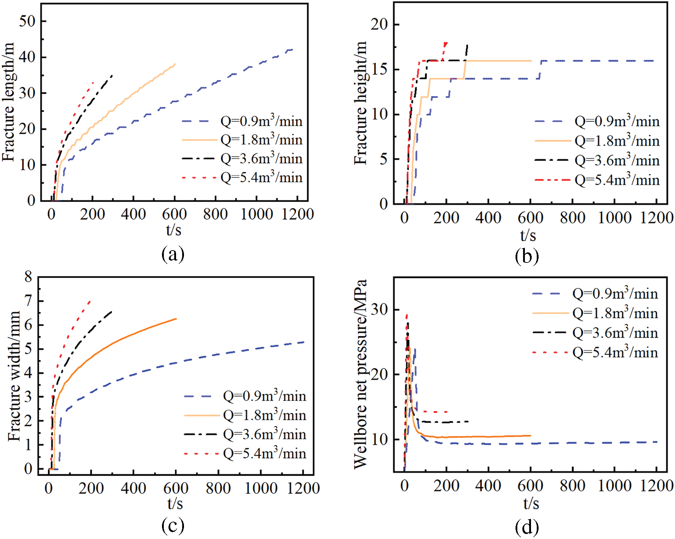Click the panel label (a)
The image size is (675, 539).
[x=173, y=255]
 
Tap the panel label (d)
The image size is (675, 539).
[x=527, y=527]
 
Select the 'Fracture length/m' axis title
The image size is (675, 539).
[x=9, y=102]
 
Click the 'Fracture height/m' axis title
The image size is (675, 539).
[x=360, y=103]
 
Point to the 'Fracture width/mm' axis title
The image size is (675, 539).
[x=14, y=376]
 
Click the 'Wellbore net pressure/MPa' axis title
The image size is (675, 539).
[x=360, y=374]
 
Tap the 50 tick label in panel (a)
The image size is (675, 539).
[x=27, y=22]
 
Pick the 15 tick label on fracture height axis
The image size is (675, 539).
[x=379, y=69]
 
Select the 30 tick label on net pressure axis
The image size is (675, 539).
[x=379, y=309]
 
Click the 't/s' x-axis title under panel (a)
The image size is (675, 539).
[x=174, y=230]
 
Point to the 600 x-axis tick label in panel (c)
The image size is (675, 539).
[x=176, y=488]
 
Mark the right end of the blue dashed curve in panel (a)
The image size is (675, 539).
[x=292, y=49]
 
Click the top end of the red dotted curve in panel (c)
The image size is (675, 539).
[x=90, y=301]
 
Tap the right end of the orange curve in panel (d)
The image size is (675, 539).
[x=531, y=435]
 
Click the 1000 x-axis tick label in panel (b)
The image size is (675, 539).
[x=615, y=218]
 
